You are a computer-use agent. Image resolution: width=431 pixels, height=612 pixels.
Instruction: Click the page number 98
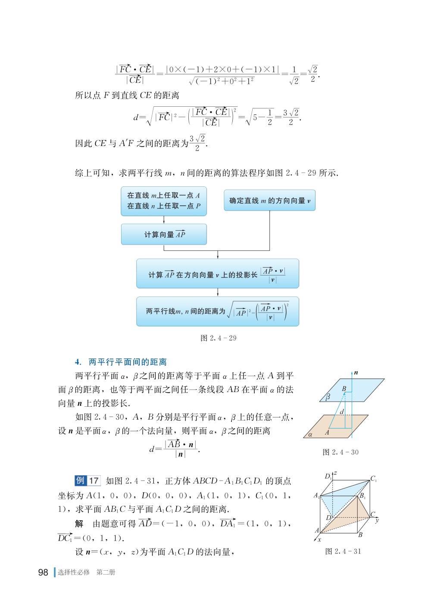tap(43, 572)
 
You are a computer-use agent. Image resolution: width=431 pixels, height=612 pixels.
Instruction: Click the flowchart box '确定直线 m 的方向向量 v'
tap(269, 201)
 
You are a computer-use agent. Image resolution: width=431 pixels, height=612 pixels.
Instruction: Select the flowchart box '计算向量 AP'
tap(164, 235)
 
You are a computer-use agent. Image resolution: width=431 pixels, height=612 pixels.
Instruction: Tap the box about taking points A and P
tap(164, 201)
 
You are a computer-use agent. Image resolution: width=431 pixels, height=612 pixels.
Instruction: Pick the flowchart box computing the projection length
tap(218, 274)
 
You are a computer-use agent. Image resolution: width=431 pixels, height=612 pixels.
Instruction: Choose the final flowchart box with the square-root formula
tap(218, 311)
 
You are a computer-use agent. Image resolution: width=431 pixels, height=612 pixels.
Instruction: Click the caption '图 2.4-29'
tap(219, 338)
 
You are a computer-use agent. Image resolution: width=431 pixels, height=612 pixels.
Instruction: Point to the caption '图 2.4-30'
tap(340, 452)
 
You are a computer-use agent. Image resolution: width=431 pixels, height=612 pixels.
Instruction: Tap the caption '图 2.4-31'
tap(343, 551)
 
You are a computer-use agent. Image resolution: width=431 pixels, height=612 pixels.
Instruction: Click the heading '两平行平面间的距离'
tap(127, 362)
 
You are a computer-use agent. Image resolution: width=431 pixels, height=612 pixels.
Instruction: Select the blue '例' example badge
tap(81, 480)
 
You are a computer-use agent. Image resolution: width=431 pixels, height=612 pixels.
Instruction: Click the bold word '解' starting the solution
tap(79, 524)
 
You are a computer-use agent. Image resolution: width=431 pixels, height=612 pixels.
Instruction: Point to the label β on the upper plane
tap(328, 397)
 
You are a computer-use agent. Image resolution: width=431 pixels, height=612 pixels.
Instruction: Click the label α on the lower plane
tap(310, 434)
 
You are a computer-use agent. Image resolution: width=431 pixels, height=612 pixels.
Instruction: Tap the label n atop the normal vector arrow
tap(356, 373)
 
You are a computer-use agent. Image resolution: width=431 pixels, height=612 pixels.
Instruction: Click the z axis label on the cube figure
tap(335, 473)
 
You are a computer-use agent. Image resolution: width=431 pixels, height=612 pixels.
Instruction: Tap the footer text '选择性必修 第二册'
tap(87, 572)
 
